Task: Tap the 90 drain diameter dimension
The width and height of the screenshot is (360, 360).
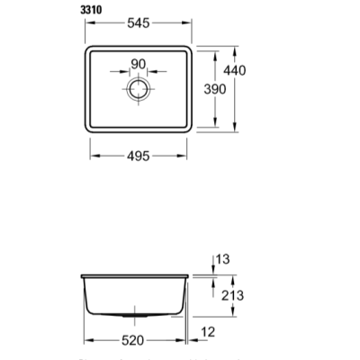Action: [x=139, y=65]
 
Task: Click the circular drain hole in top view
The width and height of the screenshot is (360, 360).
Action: [x=139, y=89]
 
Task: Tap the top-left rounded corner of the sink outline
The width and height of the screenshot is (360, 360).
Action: [x=87, y=47]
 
